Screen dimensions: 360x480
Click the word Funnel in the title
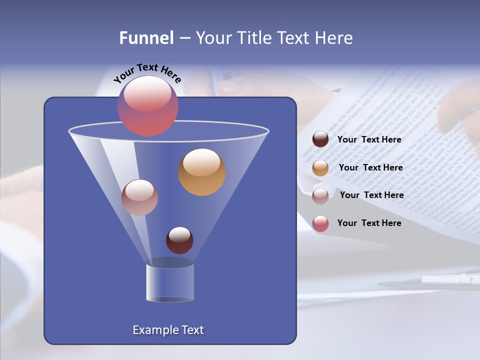tap(146, 38)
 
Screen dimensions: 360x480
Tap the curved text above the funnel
tap(147, 73)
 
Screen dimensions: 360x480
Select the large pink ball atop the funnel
tap(148, 106)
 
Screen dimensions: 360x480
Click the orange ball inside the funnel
tap(201, 172)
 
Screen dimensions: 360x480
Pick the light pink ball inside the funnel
tap(139, 197)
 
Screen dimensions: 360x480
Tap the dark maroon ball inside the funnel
tap(179, 240)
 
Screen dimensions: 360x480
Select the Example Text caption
tap(168, 330)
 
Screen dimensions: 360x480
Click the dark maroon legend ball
tap(320, 139)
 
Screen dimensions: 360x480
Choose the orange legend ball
tap(320, 168)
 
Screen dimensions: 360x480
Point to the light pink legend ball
tap(320, 195)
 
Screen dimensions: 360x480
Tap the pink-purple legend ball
tap(320, 223)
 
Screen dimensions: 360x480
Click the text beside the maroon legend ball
tap(369, 140)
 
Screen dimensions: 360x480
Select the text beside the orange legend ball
tap(370, 167)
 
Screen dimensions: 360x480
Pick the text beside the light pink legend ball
tap(371, 195)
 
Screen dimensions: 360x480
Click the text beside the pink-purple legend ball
tap(369, 223)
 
